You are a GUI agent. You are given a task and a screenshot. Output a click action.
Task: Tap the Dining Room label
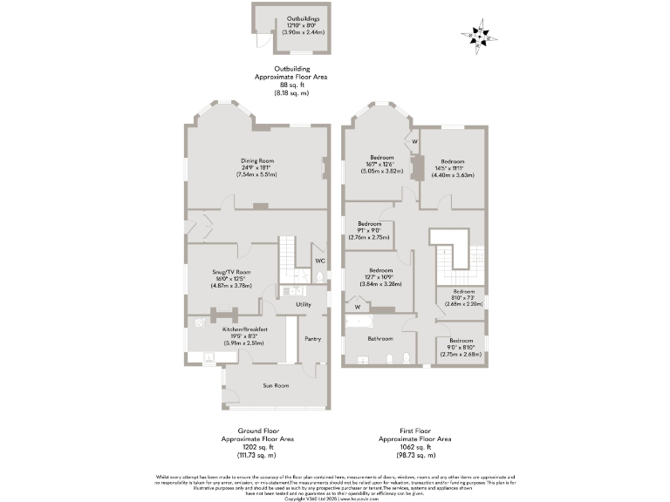257,160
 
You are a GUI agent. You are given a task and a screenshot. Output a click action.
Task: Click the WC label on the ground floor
320,261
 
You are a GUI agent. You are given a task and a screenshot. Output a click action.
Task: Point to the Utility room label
304,304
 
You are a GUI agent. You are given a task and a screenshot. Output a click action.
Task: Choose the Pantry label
312,339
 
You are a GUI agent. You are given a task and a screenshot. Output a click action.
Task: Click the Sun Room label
276,384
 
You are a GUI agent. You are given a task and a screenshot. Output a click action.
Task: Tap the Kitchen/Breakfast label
244,329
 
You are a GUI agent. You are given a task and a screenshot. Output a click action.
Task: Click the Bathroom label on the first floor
379,338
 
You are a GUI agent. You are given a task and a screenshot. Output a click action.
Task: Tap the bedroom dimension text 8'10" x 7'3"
462,298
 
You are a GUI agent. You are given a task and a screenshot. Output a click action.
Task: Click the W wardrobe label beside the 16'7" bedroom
415,141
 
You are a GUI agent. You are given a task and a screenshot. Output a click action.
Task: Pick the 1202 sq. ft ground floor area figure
257,447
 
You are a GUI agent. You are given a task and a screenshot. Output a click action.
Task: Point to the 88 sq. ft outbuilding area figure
287,85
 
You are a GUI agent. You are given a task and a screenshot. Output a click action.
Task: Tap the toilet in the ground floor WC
321,277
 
